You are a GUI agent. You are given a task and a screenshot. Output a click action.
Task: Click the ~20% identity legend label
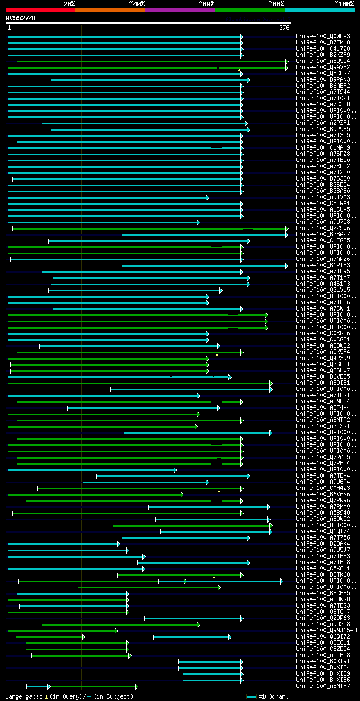(x=69, y=3)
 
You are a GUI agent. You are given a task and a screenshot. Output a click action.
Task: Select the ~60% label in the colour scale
(x=206, y=3)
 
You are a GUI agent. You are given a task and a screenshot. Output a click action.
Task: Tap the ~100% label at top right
(x=344, y=3)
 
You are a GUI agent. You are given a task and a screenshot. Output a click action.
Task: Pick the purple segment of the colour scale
(x=179, y=10)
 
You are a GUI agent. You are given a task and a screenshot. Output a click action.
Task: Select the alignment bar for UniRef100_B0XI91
(x=210, y=662)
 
